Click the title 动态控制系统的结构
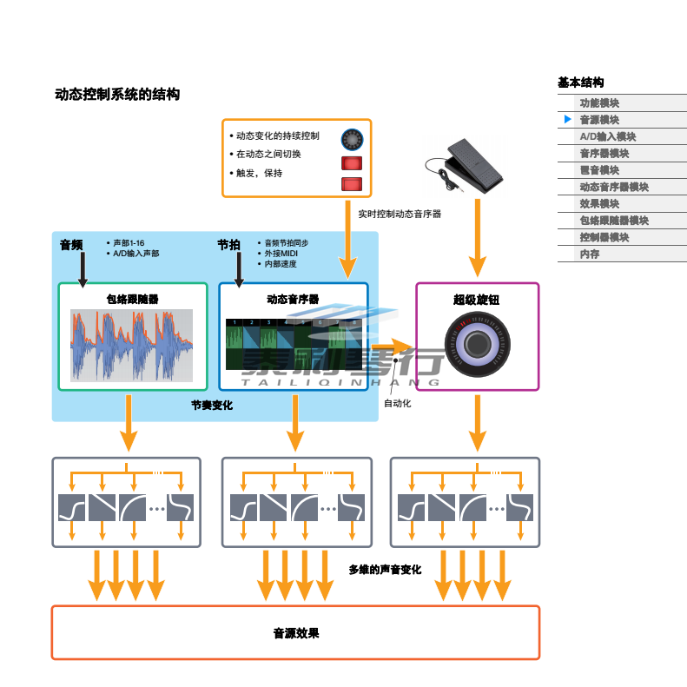117,95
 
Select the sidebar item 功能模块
599,102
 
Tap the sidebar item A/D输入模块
608,136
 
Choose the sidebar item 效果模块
599,203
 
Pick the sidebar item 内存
590,254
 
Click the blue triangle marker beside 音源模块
567,119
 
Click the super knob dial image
477,345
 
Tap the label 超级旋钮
476,300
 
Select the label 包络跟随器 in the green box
132,300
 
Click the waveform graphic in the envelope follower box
132,345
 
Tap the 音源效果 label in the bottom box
296,633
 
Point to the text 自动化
398,404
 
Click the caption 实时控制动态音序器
400,213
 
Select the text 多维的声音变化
385,570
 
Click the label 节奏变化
212,406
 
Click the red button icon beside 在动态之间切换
351,162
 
